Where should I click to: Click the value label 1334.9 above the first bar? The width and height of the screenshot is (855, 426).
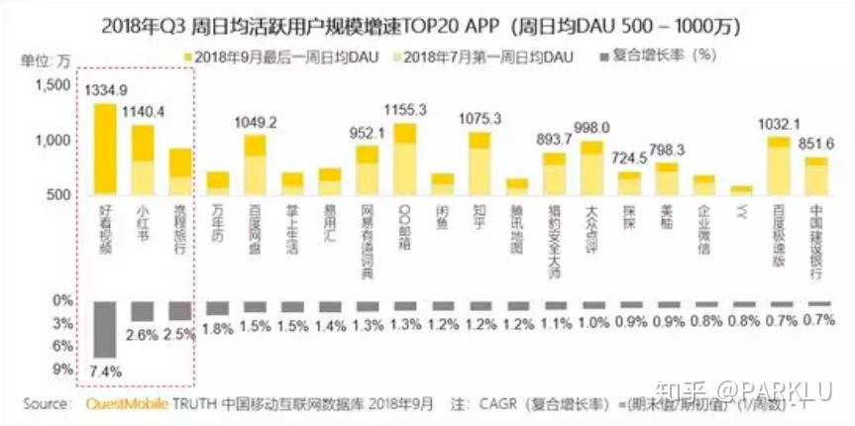(x=106, y=90)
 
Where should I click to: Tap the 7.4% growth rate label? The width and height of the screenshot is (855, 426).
(x=105, y=370)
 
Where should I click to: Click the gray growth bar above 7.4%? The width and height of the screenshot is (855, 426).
(x=105, y=330)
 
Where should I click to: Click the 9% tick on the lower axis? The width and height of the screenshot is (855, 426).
(x=62, y=370)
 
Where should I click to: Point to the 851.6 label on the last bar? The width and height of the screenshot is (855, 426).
(x=817, y=143)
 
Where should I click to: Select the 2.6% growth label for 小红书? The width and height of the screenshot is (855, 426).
(x=143, y=335)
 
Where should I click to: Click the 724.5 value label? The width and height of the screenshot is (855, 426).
(x=629, y=159)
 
